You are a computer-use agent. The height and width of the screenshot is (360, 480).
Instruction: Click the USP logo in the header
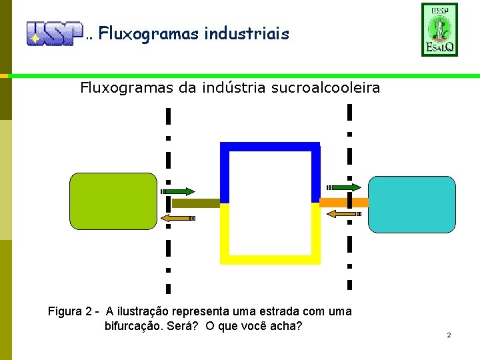[53, 33]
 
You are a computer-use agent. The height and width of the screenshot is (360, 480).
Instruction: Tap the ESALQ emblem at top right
[439, 29]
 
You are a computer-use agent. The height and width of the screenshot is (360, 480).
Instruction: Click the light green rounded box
[113, 201]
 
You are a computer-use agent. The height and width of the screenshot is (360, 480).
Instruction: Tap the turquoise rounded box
[412, 204]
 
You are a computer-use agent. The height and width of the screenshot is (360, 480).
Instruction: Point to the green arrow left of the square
[177, 191]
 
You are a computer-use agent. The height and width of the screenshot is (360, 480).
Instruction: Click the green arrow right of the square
[344, 187]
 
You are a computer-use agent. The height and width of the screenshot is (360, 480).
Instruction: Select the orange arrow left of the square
[178, 217]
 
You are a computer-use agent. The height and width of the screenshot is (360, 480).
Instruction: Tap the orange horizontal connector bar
[344, 202]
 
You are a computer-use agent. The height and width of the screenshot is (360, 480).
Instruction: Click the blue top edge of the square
[270, 147]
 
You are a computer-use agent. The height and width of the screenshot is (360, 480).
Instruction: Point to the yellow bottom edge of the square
[270, 260]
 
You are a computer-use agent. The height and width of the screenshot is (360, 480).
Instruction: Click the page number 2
[449, 335]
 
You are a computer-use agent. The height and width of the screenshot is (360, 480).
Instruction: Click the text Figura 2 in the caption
[70, 311]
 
